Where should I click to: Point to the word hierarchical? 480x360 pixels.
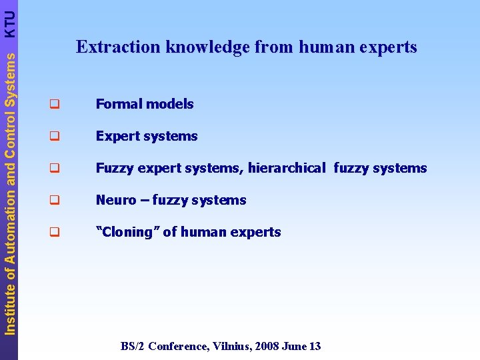point(287,168)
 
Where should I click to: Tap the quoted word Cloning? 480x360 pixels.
point(127,232)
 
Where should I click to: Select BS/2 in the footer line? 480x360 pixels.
point(133,346)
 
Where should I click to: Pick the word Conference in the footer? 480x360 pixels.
point(178,346)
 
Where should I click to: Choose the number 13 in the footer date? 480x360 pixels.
point(315,346)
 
